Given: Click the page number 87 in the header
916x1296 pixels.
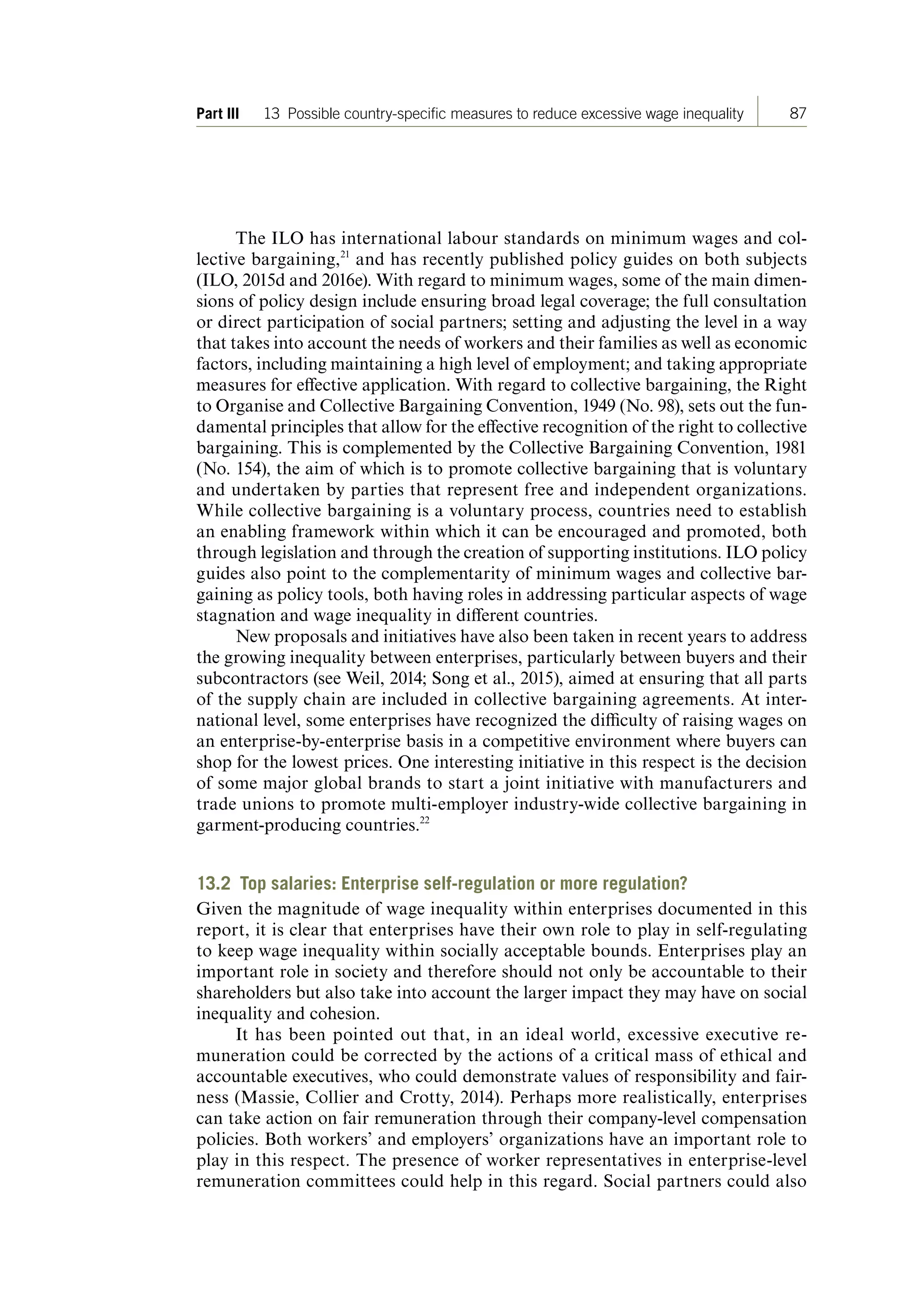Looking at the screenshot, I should pos(797,114).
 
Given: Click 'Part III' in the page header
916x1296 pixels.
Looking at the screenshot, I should pos(218,114).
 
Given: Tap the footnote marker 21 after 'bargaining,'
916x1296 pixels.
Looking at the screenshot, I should pos(345,255).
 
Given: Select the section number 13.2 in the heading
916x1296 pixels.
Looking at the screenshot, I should pos(214,884).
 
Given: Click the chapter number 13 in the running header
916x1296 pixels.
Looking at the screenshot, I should pos(271,114).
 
